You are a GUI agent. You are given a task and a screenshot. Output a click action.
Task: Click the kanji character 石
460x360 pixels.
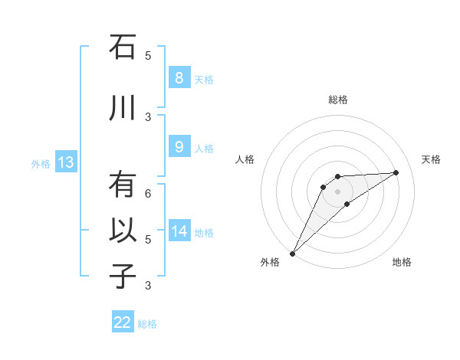[123, 48]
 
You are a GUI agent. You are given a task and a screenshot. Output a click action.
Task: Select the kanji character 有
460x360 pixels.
[123, 185]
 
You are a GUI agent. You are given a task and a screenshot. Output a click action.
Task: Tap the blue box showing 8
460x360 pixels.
[179, 78]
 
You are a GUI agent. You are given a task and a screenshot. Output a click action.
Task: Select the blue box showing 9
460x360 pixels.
[179, 148]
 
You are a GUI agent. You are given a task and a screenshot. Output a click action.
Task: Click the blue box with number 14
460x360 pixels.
[179, 231]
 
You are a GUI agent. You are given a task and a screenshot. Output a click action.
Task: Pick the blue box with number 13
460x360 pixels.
[65, 162]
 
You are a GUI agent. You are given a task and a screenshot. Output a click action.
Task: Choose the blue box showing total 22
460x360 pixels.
[123, 322]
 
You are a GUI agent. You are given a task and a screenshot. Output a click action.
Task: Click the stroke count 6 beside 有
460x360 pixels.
[148, 194]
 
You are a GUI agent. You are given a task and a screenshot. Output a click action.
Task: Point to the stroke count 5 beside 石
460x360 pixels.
[148, 55]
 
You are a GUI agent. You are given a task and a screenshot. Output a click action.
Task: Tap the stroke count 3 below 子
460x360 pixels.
[148, 286]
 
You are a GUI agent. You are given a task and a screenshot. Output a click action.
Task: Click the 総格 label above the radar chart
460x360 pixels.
[337, 100]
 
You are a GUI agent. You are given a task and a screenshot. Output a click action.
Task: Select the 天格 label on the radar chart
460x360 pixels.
[431, 159]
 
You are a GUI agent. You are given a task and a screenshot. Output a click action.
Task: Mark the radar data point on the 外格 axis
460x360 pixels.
[292, 253]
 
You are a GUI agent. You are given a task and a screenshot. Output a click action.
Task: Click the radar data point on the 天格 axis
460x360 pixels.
[396, 172]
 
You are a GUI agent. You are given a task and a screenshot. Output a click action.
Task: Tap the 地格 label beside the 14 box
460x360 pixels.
[204, 232]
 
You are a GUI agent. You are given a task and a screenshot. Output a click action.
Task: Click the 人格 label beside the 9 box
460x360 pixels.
[204, 149]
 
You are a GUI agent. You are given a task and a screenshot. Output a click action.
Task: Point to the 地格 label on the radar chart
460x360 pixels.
[402, 262]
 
